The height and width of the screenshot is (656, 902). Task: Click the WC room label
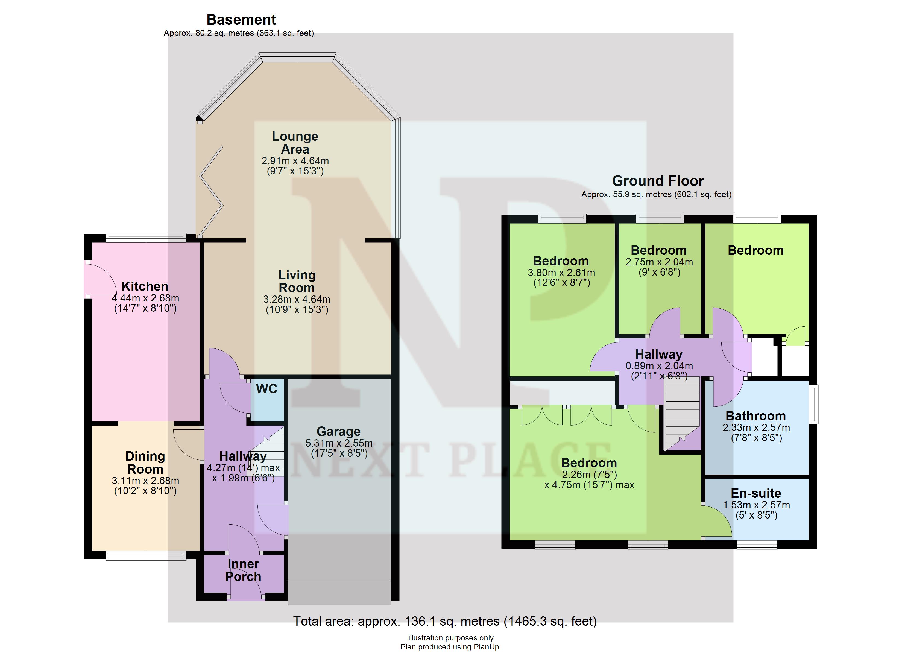click(x=266, y=389)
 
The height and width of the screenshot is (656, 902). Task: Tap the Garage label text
click(x=338, y=432)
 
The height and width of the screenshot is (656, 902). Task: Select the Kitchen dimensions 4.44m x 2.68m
click(x=145, y=298)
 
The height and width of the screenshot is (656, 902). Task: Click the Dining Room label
click(x=145, y=463)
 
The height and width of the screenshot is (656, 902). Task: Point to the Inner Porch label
click(x=243, y=570)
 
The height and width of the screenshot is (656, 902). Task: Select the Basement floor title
click(x=241, y=19)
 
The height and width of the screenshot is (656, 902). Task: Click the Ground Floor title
click(x=658, y=181)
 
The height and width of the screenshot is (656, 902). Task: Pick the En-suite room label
click(x=756, y=493)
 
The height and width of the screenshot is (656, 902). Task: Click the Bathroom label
click(x=756, y=416)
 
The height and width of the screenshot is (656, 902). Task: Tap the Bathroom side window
click(x=815, y=403)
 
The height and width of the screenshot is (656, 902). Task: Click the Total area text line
click(x=445, y=621)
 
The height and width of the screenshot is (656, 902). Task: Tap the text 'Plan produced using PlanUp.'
click(x=450, y=647)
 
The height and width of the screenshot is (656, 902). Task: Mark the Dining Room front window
click(x=146, y=555)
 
